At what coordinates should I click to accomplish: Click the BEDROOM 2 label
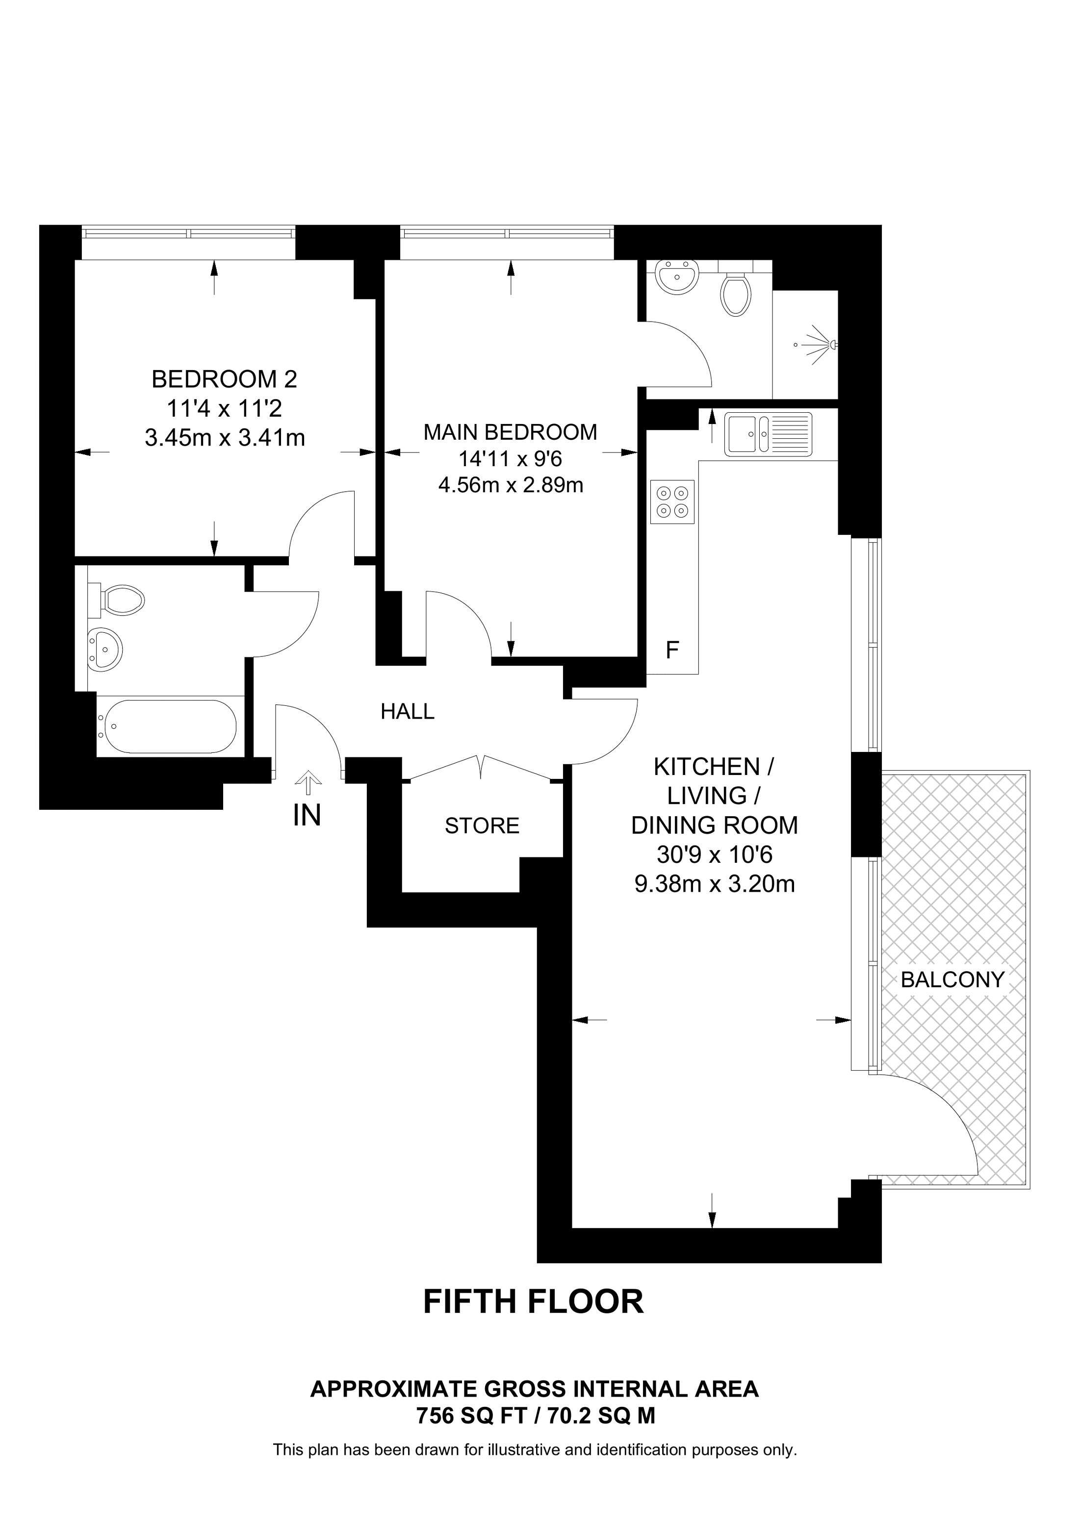click(224, 379)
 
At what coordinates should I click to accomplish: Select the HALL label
click(407, 712)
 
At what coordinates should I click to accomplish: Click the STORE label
click(482, 826)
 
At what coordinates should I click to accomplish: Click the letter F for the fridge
click(672, 650)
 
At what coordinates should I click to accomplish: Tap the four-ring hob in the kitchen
click(672, 502)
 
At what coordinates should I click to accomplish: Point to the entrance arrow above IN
click(307, 783)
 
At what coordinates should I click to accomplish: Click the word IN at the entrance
click(307, 816)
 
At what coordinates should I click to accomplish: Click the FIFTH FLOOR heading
click(533, 1301)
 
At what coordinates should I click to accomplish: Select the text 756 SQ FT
click(471, 1416)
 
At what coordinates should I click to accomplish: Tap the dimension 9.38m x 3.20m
click(715, 884)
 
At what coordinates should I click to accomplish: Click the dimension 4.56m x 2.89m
click(510, 485)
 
